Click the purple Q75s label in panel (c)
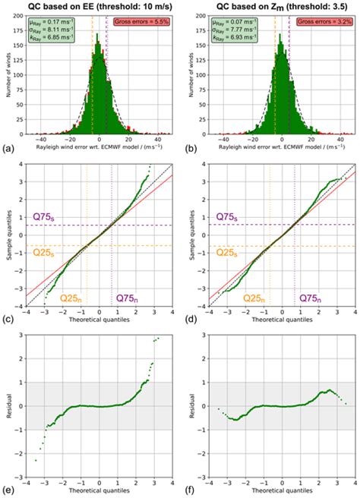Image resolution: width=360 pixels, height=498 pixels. click(x=47, y=217)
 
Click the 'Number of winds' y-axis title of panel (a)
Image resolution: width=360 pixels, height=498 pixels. click(x=9, y=74)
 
